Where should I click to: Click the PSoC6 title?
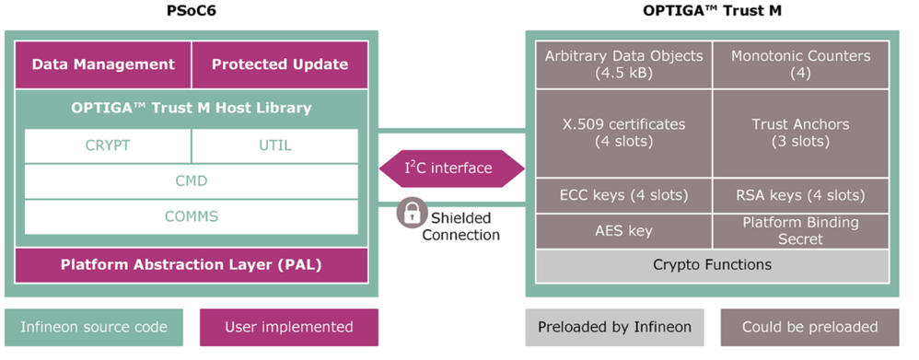tap(191, 12)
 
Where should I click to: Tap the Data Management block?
tap(103, 64)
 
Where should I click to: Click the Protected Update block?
tap(280, 64)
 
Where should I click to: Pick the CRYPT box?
tap(108, 145)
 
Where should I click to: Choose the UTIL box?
tap(274, 145)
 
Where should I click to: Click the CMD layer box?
tap(191, 181)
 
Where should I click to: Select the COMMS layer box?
tap(191, 216)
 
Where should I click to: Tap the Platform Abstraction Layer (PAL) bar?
tap(191, 265)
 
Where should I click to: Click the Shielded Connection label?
tap(461, 226)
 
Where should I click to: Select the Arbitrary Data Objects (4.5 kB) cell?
tap(622, 64)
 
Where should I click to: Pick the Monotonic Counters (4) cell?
tap(800, 64)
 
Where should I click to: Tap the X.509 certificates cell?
tap(622, 134)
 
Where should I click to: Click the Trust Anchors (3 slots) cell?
tap(800, 134)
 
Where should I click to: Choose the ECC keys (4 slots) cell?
tap(622, 195)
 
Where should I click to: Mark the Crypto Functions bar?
tap(711, 265)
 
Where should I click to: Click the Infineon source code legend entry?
tap(94, 327)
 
